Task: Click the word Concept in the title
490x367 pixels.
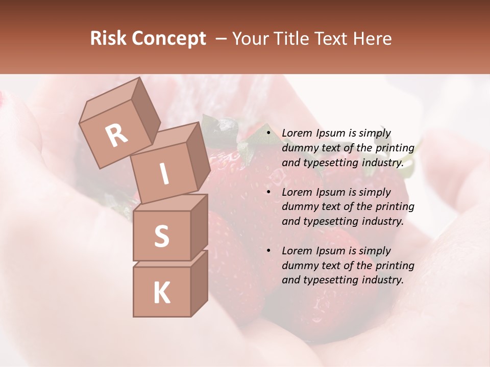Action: coord(169,39)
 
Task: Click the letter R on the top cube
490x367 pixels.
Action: coord(116,135)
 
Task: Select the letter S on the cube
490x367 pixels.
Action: coord(161,235)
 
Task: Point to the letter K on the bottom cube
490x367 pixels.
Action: coord(161,293)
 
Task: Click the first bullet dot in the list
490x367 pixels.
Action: coord(268,134)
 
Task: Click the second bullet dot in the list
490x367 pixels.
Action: coord(268,192)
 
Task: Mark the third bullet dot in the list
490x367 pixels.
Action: coord(268,251)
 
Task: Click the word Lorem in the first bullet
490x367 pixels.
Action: coord(297,134)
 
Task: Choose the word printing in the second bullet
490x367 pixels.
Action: coord(395,207)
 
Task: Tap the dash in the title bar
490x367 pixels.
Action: coord(221,39)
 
